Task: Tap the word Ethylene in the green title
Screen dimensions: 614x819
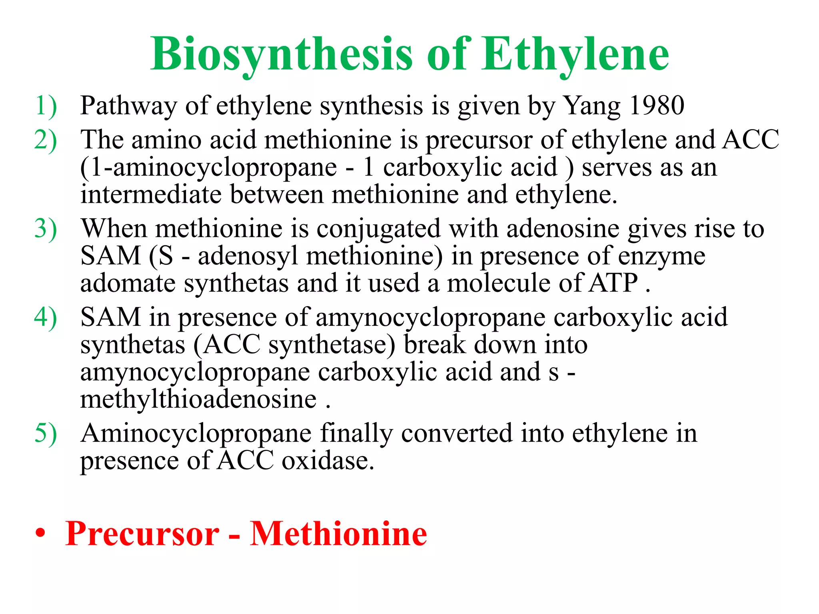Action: click(x=575, y=54)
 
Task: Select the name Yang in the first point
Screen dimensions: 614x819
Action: click(x=591, y=106)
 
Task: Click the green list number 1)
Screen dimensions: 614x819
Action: click(x=46, y=106)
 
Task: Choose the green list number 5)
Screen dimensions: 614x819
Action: click(x=46, y=434)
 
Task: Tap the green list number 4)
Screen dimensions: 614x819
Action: click(x=46, y=318)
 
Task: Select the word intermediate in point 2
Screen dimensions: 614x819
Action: click(x=151, y=195)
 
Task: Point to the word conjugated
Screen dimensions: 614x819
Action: click(x=378, y=229)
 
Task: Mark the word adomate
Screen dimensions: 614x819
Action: click(x=128, y=283)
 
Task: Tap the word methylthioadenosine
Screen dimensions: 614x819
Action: click(x=198, y=399)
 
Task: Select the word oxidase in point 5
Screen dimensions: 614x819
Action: click(x=328, y=461)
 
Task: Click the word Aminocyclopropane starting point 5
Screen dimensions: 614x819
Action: click(x=196, y=434)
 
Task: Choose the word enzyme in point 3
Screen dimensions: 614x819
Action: click(x=661, y=257)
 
